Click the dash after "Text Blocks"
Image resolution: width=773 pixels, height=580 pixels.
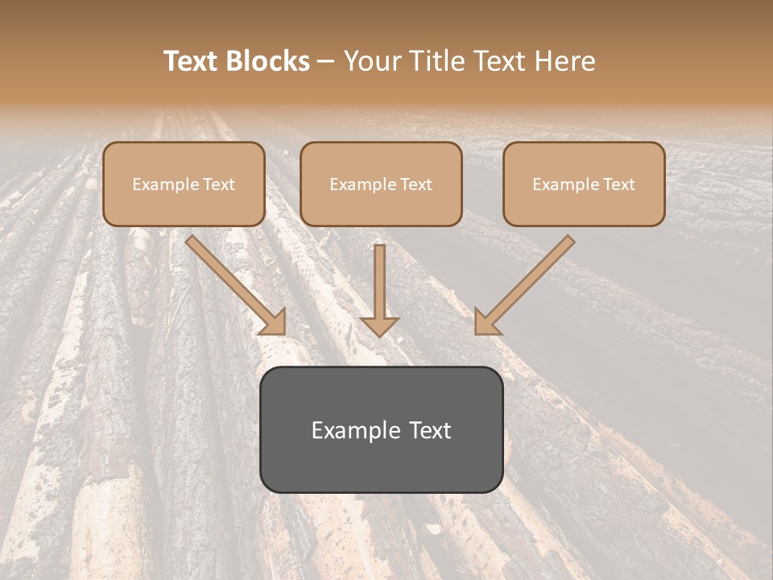(x=327, y=62)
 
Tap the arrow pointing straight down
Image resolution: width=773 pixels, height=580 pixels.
(x=379, y=286)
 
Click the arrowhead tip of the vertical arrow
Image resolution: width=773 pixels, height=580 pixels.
(x=379, y=333)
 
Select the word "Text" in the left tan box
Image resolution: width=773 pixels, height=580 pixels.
(x=218, y=184)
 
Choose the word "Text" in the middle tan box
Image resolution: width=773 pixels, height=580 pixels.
(x=415, y=184)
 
